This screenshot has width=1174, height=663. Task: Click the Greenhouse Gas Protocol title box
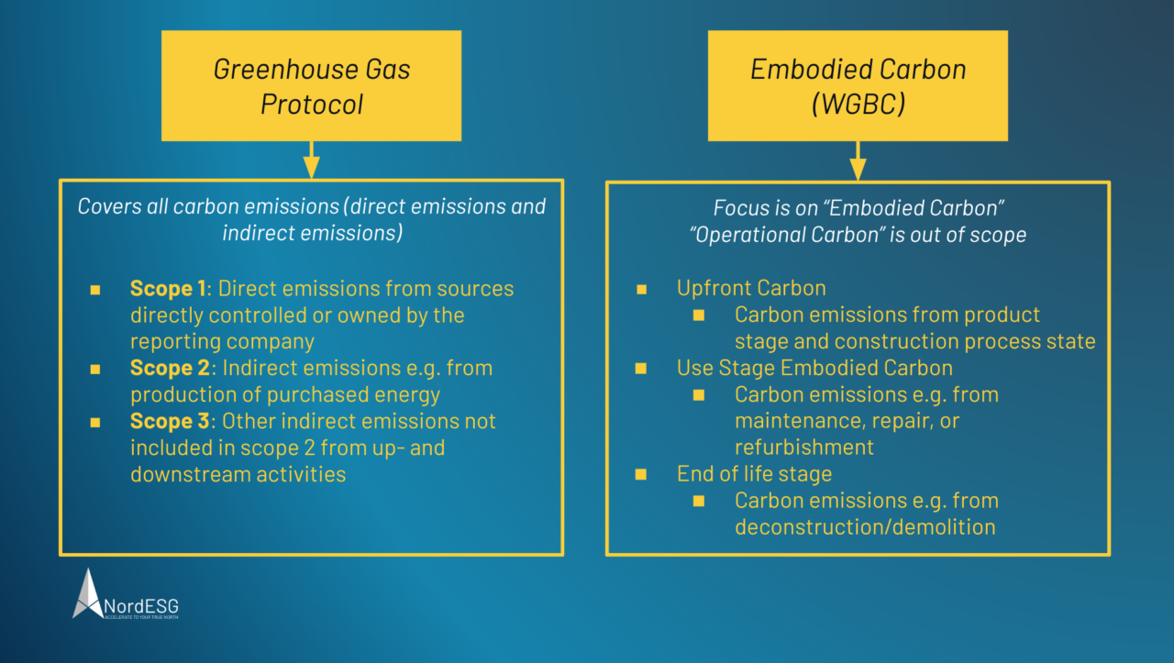pos(311,86)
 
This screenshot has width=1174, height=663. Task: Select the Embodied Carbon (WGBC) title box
pos(858,86)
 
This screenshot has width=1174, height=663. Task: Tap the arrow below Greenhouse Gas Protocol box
pos(311,160)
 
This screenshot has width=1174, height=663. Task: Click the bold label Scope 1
pos(168,289)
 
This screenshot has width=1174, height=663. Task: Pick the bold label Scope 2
pos(170,369)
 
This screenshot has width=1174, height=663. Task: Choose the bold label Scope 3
pos(170,422)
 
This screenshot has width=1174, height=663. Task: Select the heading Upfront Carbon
pos(751,288)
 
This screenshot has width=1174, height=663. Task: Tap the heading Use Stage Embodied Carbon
pos(814,369)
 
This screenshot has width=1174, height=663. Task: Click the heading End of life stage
pos(754,474)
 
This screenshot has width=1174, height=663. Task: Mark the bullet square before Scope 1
pos(95,290)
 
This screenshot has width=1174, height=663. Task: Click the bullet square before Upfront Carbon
pos(641,289)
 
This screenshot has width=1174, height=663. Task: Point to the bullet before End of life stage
pos(641,475)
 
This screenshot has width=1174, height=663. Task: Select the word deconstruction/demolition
pos(864,527)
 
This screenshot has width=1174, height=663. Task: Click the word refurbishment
pos(803,448)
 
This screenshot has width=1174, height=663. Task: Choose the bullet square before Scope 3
pos(95,423)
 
